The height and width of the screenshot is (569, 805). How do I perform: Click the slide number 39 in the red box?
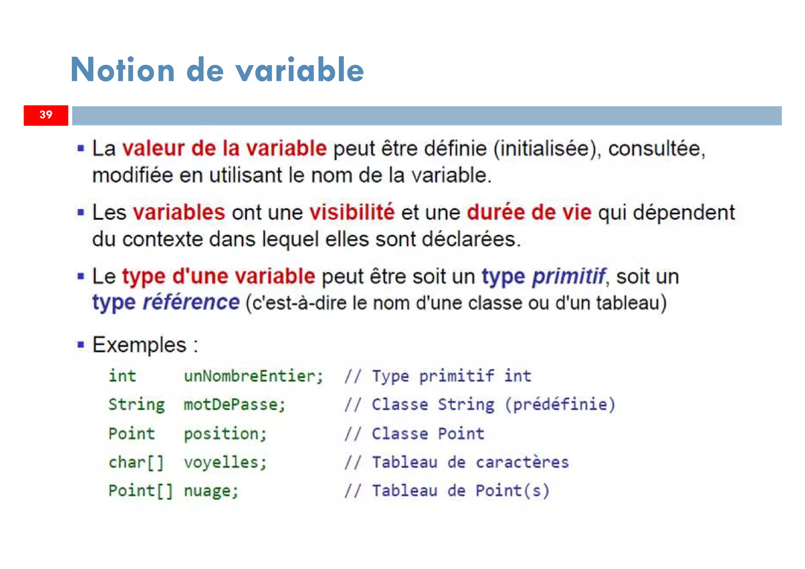click(46, 115)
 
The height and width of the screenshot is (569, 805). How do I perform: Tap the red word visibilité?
click(352, 212)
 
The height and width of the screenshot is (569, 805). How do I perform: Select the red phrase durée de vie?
click(529, 212)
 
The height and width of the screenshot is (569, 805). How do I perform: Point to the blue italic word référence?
click(191, 302)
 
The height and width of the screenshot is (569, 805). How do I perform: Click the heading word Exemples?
click(139, 345)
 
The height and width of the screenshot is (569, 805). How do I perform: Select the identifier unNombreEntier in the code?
click(253, 376)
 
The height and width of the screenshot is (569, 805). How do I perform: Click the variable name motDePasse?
click(234, 405)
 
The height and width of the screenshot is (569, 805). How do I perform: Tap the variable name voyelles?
click(225, 462)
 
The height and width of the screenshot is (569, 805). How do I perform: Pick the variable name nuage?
click(211, 491)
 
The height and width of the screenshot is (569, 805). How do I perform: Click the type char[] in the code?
click(136, 462)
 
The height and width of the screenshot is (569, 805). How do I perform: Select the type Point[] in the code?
click(140, 491)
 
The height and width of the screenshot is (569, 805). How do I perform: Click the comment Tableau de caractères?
click(470, 462)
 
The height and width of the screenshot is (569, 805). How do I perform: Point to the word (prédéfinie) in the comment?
click(560, 405)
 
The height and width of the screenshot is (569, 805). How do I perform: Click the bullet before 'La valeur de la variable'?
click(81, 149)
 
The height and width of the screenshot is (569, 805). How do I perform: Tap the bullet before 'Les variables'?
click(81, 213)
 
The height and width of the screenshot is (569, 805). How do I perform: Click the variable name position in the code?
click(225, 434)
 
